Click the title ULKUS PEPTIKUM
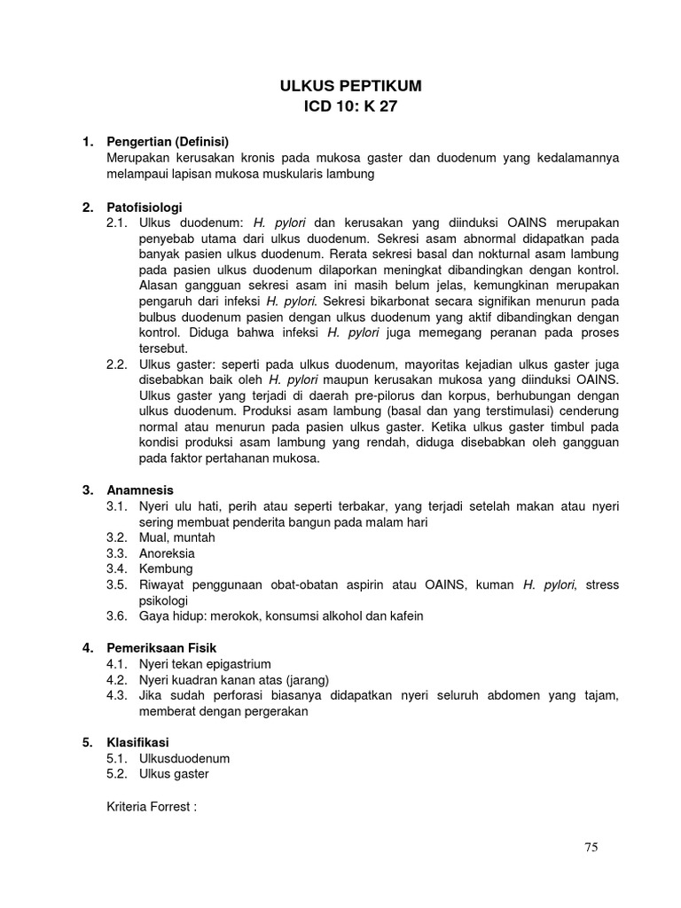click(x=350, y=86)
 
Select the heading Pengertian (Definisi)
click(x=168, y=142)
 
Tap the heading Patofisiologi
click(x=145, y=207)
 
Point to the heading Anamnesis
click(x=140, y=490)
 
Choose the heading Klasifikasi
click(x=137, y=742)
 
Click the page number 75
click(x=591, y=848)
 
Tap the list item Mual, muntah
click(x=176, y=537)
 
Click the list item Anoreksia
click(x=167, y=553)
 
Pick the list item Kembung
click(x=166, y=569)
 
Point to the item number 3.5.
click(x=117, y=585)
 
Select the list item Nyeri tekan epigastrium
click(x=205, y=664)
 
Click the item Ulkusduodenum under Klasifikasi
click(x=184, y=758)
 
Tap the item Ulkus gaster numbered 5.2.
click(x=174, y=774)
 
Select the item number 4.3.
click(x=117, y=696)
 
